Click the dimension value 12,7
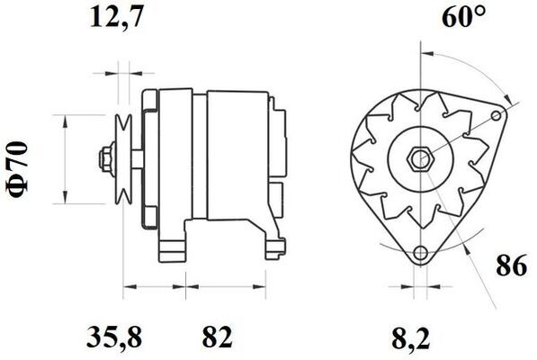coord(117,16)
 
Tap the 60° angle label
coord(464,18)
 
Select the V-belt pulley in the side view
coord(125,159)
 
